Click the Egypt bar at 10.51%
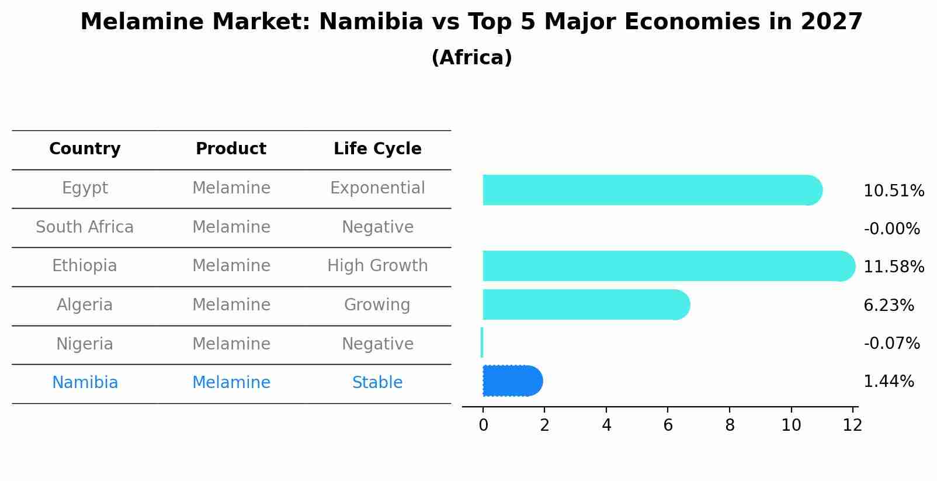click(x=651, y=190)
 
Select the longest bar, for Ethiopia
click(x=668, y=266)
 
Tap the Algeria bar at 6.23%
click(x=585, y=304)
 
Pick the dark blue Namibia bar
click(x=512, y=381)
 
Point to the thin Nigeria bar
click(x=482, y=342)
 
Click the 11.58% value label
click(x=893, y=267)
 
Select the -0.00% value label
click(x=891, y=229)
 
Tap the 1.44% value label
click(x=888, y=382)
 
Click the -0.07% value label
click(x=891, y=343)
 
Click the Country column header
click(x=85, y=149)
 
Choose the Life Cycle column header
click(x=377, y=149)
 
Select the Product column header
click(x=231, y=149)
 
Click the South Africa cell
click(x=85, y=227)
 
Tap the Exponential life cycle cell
click(x=377, y=188)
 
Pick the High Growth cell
click(x=377, y=266)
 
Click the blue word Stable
click(x=377, y=383)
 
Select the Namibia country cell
click(x=85, y=383)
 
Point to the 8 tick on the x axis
click(x=730, y=425)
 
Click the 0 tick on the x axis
click(x=483, y=425)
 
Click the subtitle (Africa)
click(x=471, y=58)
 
